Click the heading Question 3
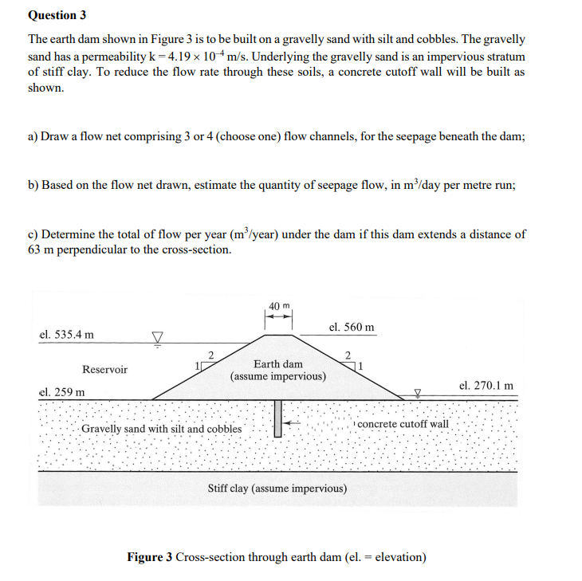tap(57, 15)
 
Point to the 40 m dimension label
tap(279, 306)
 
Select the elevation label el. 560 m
tap(351, 328)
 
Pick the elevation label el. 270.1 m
tap(486, 385)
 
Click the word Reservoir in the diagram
tap(104, 370)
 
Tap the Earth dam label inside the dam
tap(277, 364)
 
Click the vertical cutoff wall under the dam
tap(277, 418)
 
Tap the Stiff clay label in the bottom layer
tap(277, 488)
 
